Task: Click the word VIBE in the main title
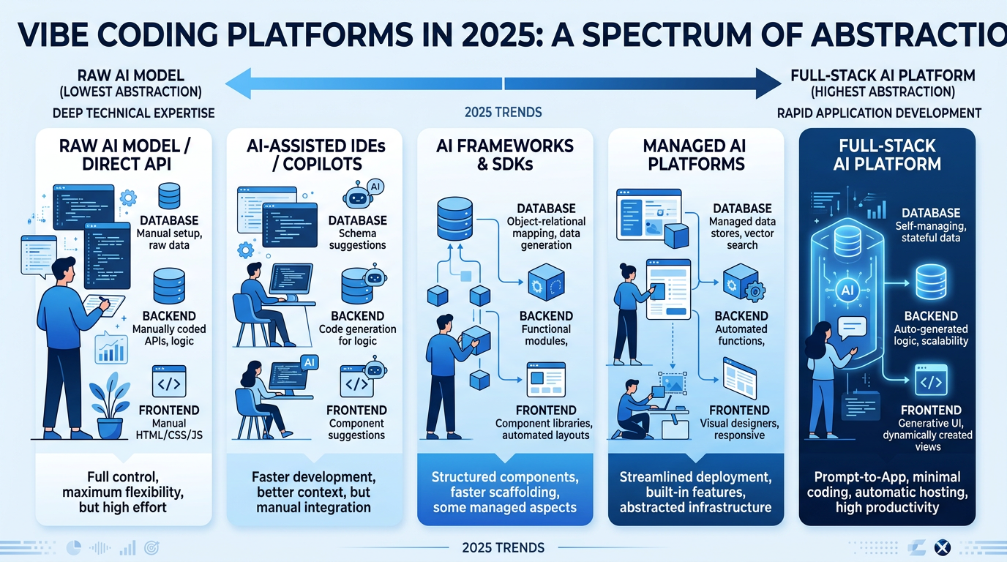click(x=54, y=34)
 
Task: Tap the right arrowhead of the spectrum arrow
click(x=768, y=82)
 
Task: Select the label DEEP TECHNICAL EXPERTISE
click(x=133, y=113)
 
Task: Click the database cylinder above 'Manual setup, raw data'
click(x=169, y=196)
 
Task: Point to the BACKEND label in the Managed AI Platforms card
click(x=741, y=316)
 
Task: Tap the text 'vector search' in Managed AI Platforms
click(x=742, y=239)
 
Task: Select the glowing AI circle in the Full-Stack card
click(x=849, y=290)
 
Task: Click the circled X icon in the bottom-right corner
click(x=942, y=547)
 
